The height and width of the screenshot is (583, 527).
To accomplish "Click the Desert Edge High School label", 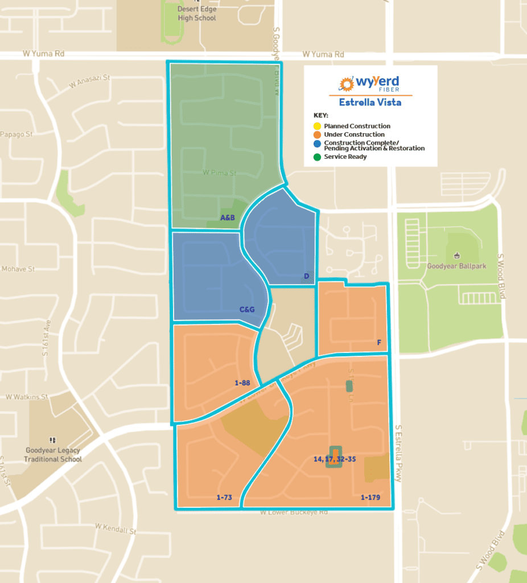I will click(196, 14).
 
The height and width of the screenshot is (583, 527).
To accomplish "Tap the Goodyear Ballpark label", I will click(457, 265).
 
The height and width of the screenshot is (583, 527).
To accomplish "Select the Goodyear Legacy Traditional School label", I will click(53, 454).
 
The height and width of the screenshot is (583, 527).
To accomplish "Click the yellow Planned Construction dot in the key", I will click(317, 126).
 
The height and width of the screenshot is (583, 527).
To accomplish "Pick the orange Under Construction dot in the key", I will click(317, 134).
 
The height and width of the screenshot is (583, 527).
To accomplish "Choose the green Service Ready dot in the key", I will click(317, 157).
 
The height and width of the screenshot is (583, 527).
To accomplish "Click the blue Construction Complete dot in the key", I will click(317, 143).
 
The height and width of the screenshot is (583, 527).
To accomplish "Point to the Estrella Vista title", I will click(370, 102).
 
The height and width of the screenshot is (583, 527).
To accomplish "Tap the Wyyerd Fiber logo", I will click(370, 84).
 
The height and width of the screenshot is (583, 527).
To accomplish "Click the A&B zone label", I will click(228, 217).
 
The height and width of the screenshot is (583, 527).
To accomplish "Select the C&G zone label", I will click(247, 310).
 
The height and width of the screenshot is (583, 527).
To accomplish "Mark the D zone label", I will click(306, 277).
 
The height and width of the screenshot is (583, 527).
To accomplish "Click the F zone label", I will click(379, 343).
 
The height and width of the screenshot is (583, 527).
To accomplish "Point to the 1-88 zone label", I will click(242, 383).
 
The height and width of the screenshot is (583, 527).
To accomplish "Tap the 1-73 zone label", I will click(224, 498).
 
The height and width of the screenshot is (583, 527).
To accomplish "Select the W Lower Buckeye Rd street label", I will click(294, 512).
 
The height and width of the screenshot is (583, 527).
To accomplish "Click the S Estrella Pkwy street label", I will click(398, 453).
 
